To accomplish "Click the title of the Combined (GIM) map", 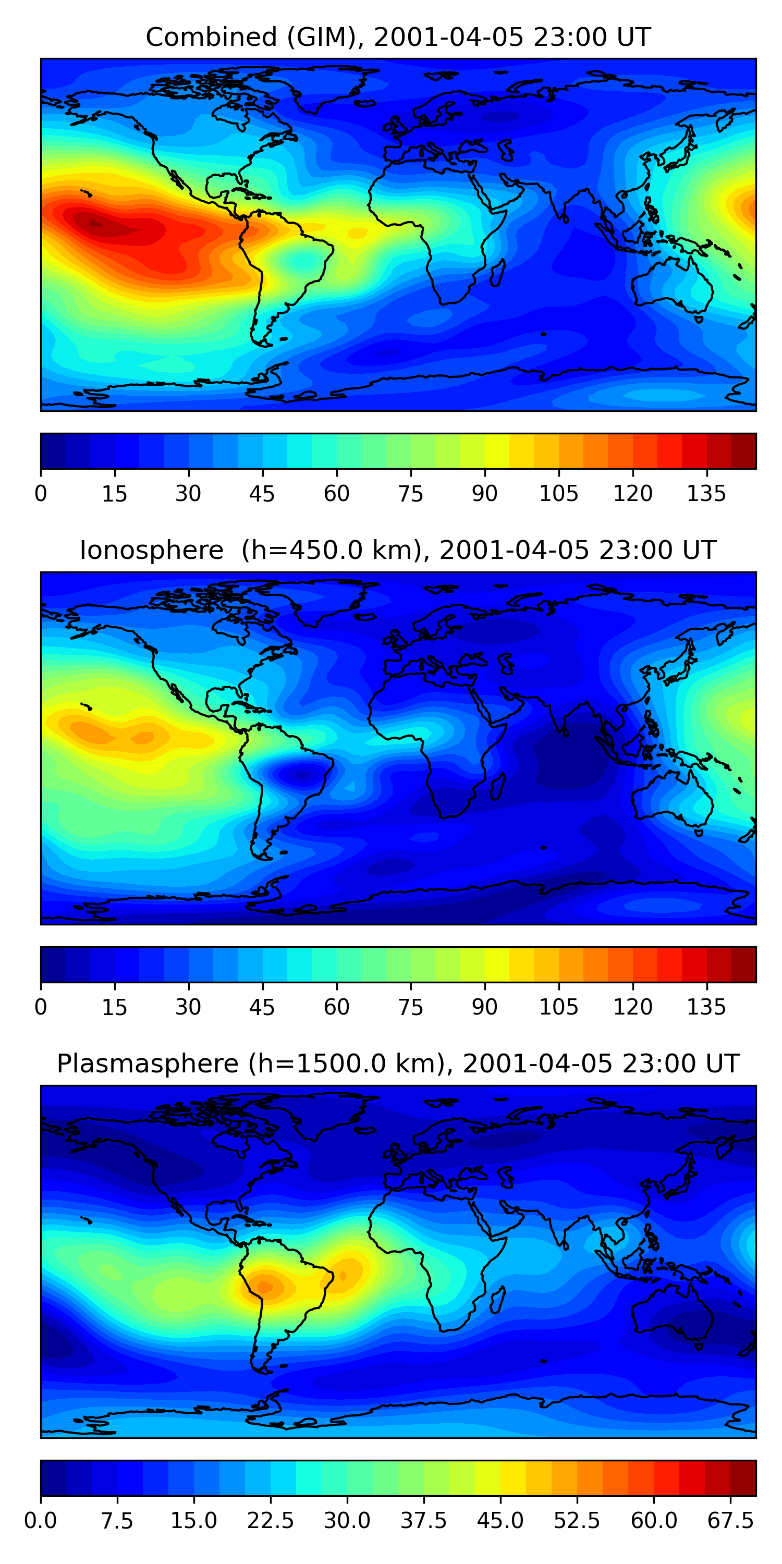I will point(398,38).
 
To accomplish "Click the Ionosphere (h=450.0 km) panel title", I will point(398,551).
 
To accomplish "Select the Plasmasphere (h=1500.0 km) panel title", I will point(398,1064).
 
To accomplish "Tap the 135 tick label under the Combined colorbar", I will point(706,494).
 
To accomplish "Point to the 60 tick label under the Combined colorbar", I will point(336,494).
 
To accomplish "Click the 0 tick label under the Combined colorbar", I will point(41,494).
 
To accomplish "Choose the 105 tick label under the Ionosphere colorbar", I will point(558,1007).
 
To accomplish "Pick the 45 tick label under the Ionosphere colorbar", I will point(262,1007).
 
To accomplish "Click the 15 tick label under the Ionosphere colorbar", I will point(114,1007).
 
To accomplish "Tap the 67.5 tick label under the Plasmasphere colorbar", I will point(730,1521).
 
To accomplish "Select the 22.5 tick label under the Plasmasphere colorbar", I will point(270,1521).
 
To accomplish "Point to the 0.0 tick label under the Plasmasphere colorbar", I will point(41,1521).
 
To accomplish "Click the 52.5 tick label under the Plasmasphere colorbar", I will point(577,1521).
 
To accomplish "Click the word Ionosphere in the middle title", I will point(151,551).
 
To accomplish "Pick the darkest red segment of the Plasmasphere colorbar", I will point(743,1479).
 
